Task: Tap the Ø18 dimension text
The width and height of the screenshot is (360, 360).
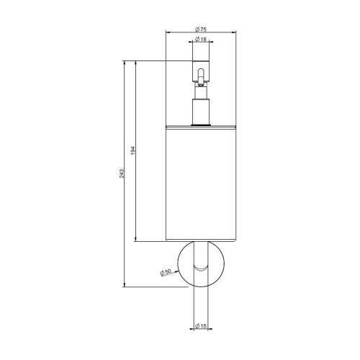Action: (202, 40)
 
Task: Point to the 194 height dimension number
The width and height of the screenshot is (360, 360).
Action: (133, 152)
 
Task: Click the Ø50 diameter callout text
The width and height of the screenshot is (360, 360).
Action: (166, 272)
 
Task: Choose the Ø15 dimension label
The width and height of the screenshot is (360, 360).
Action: (202, 328)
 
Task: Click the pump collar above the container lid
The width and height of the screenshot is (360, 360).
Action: (202, 108)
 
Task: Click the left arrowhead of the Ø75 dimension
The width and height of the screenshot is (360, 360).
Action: (168, 32)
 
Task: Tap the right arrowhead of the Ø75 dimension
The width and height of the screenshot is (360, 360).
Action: (235, 32)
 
